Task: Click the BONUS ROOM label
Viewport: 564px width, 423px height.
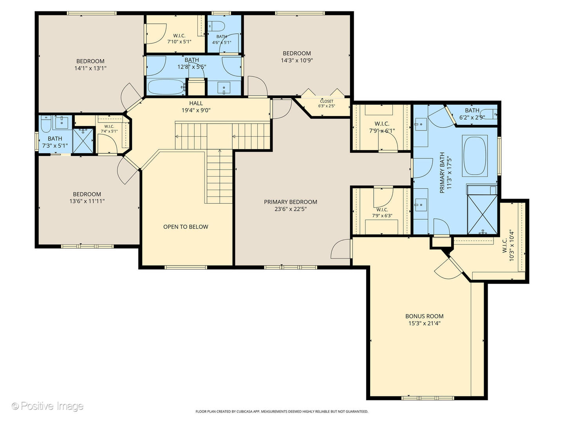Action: coord(424,316)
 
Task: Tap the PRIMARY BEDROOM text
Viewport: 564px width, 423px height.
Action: coord(290,202)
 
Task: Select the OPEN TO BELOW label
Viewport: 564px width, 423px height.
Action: coord(186,227)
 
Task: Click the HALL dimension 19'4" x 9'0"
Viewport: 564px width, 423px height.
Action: coord(196,110)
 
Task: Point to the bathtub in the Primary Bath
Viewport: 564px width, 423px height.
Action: coord(475,155)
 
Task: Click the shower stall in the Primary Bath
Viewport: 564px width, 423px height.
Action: coord(482,215)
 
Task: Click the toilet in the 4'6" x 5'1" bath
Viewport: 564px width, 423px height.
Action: coord(216,26)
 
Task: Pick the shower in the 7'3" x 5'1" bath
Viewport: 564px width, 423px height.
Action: coord(83,140)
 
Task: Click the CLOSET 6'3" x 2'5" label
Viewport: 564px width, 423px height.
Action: coord(326,103)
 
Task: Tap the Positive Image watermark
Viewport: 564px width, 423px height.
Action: coord(47,406)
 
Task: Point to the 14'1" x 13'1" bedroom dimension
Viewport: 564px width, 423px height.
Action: coord(90,68)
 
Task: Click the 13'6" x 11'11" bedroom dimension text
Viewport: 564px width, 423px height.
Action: coord(87,201)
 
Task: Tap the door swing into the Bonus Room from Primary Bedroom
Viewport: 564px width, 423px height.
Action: coord(341,249)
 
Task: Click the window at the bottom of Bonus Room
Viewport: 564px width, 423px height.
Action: coord(427,398)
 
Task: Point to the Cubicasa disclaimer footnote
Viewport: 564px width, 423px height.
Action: coord(282,412)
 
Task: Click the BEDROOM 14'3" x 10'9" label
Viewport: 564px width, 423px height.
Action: coord(296,57)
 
